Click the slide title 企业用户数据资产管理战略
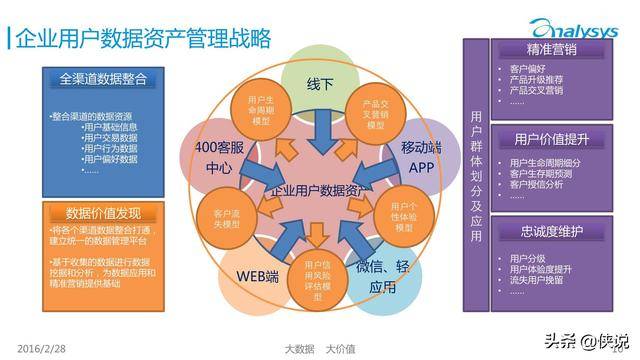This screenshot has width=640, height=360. pyautogui.click(x=140, y=39)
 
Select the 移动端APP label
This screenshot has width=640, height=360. pyautogui.click(x=420, y=157)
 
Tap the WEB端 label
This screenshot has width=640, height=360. pyautogui.click(x=257, y=275)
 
